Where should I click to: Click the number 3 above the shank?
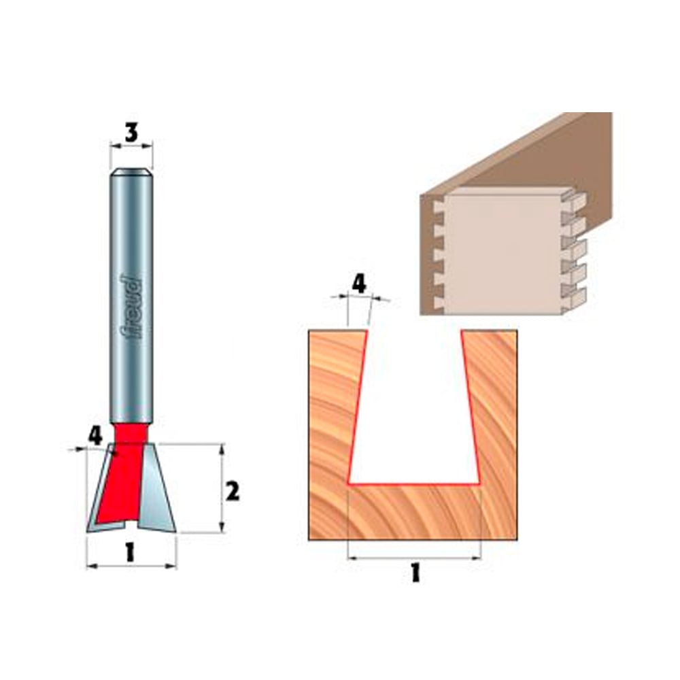131,133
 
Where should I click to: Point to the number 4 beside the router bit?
95,435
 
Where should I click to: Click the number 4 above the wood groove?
358,284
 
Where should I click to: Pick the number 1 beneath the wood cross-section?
415,573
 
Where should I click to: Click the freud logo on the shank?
131,306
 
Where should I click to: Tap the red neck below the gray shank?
131,432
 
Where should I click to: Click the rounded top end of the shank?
131,173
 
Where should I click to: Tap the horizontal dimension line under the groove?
413,558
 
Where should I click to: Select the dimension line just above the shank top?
131,145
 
